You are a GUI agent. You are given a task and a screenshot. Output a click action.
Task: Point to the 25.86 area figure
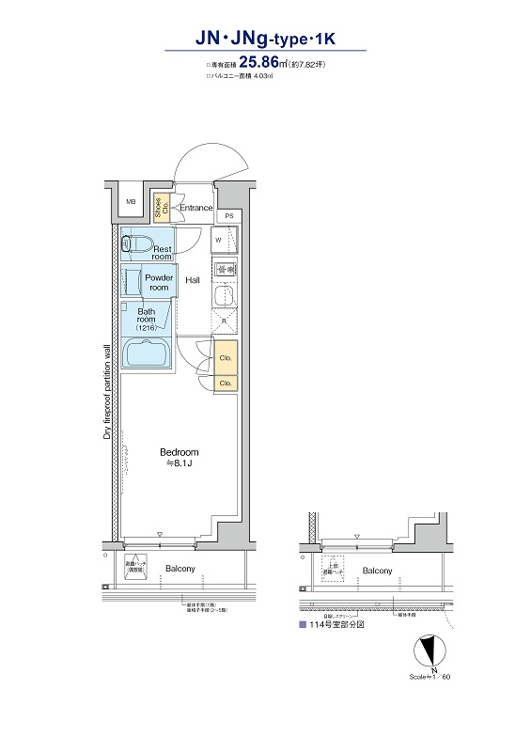(271, 64)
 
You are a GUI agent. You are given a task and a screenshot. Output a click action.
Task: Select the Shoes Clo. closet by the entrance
(163, 207)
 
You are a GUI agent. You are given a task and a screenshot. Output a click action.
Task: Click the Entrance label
(196, 208)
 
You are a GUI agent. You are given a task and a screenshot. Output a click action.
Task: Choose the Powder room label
(160, 283)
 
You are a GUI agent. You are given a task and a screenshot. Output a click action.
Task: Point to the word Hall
(193, 280)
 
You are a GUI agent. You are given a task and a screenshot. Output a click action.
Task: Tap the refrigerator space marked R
(225, 322)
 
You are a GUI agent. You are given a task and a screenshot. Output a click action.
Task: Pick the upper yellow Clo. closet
(226, 358)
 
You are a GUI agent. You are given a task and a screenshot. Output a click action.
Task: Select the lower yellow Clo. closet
(226, 383)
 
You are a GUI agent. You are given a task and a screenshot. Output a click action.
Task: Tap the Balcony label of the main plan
(180, 570)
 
